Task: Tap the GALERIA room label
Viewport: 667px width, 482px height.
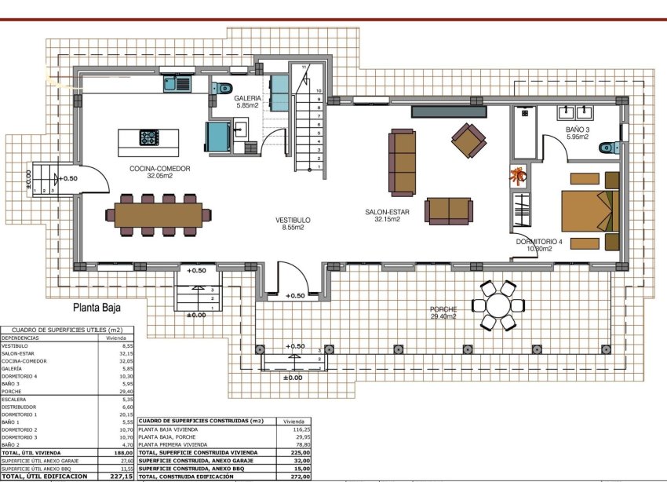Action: click(248, 100)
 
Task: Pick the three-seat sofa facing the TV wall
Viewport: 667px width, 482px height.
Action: click(403, 162)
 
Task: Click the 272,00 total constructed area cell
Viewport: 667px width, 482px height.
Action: click(299, 476)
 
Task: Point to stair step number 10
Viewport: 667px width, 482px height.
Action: click(319, 91)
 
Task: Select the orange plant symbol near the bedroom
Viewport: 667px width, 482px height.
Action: click(518, 175)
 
